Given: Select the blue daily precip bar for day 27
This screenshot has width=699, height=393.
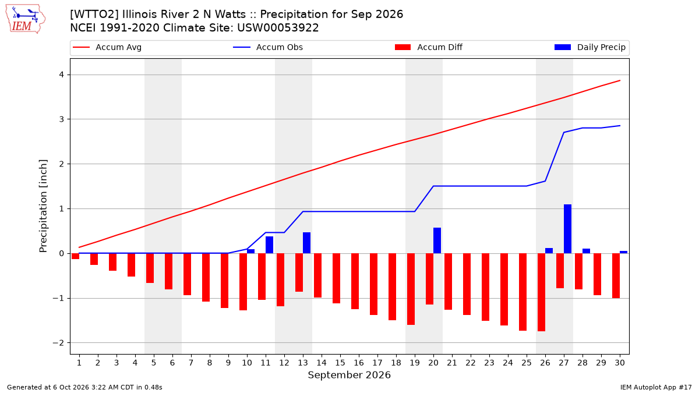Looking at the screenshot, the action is click(567, 229).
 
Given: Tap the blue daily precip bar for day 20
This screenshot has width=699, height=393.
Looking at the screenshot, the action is click(437, 240).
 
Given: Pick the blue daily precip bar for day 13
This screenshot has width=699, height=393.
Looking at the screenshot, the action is click(306, 243).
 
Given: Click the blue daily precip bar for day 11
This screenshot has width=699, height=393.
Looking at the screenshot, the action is click(269, 245).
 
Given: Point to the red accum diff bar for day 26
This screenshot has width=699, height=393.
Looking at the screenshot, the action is click(541, 292).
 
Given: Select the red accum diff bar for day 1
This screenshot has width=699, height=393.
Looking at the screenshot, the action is click(75, 256).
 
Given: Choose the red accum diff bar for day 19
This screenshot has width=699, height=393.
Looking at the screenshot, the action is click(411, 289).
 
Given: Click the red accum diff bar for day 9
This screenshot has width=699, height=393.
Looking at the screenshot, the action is click(224, 281).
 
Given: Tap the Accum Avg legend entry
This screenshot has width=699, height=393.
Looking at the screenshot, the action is click(107, 47).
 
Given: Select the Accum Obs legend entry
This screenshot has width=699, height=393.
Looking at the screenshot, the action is click(268, 47).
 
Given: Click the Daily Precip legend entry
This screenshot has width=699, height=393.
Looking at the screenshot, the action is click(589, 47).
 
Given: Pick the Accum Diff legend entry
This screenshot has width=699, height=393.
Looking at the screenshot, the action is click(429, 47).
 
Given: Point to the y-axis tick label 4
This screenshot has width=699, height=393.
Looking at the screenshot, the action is click(62, 75).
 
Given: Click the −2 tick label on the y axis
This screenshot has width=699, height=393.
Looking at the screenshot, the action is click(58, 343).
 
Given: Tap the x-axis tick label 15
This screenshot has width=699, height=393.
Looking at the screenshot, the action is click(340, 363).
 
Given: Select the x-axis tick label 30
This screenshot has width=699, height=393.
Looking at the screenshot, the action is click(619, 363).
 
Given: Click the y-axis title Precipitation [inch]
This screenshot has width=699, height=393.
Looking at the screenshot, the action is click(43, 206).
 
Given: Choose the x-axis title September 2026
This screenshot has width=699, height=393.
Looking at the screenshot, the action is click(349, 375).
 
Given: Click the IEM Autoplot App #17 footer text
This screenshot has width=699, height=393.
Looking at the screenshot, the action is click(656, 387).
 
